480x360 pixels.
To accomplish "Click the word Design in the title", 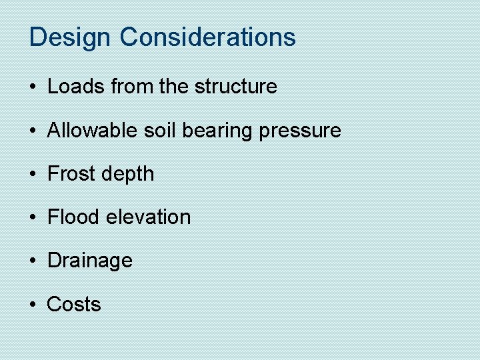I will coord(71,37).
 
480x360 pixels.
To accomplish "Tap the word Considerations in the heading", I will coord(207,37).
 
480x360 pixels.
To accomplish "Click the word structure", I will coord(235,87).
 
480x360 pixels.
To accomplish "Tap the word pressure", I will coord(300,131).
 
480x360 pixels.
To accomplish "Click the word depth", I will coord(129,175).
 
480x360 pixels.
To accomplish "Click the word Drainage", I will coord(90,261).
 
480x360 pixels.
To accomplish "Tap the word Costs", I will coord(74,304).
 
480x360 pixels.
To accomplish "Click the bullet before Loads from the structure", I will coord(33,87).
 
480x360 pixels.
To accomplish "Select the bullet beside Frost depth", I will coord(33,174).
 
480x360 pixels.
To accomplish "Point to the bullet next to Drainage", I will coord(33,261).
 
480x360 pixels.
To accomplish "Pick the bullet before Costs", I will coord(33,305).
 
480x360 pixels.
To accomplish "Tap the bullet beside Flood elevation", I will coord(33,217).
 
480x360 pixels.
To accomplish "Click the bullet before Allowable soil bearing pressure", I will coord(33,131).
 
